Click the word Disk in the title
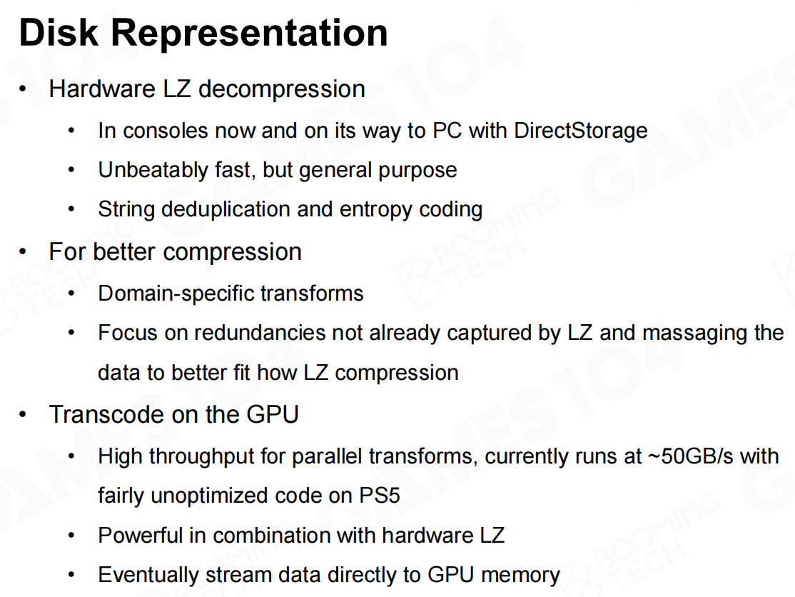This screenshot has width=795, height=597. click(x=59, y=32)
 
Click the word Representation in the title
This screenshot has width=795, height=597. click(x=249, y=34)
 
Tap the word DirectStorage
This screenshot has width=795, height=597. click(x=580, y=131)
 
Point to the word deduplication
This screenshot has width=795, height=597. click(x=226, y=209)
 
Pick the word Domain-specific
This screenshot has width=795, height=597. click(x=176, y=294)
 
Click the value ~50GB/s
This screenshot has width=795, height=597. click(x=691, y=456)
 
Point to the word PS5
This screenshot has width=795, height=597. click(x=379, y=496)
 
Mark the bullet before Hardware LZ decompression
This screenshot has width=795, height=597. click(x=22, y=89)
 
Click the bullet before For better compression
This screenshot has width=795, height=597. click(x=22, y=252)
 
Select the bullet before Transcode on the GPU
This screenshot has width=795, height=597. click(x=22, y=415)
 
